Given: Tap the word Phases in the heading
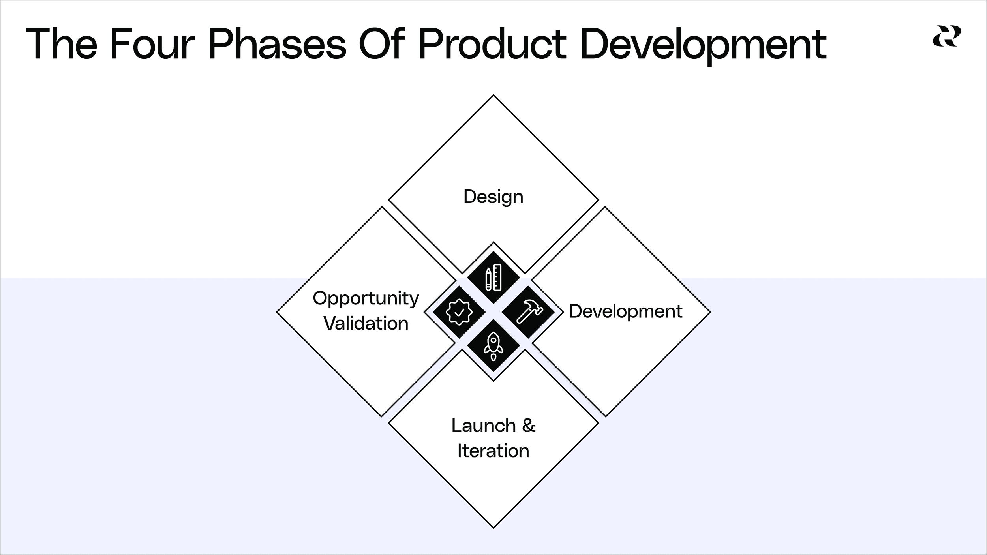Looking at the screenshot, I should tap(277, 44).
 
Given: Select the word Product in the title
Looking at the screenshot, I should tap(492, 44).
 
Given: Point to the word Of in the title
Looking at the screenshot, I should tap(382, 44).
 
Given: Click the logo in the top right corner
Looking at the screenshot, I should tap(947, 36).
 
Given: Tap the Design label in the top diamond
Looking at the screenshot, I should tap(493, 197).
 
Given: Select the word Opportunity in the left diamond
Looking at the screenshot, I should tap(366, 299).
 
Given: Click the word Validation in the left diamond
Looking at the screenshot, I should tap(366, 323).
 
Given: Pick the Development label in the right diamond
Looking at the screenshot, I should tap(625, 311).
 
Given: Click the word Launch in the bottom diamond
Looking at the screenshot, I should tap(483, 426).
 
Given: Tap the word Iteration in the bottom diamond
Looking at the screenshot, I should tap(493, 451).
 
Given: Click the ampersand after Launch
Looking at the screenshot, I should tap(529, 426).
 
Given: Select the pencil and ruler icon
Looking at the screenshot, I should tap(493, 277).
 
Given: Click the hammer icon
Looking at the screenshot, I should tap(528, 311).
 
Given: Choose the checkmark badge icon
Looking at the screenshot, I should tap(459, 312).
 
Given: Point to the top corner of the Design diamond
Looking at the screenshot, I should tap(493, 96).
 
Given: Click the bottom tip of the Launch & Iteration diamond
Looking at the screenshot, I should tap(493, 527).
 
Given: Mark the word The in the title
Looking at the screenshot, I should tap(61, 44).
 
